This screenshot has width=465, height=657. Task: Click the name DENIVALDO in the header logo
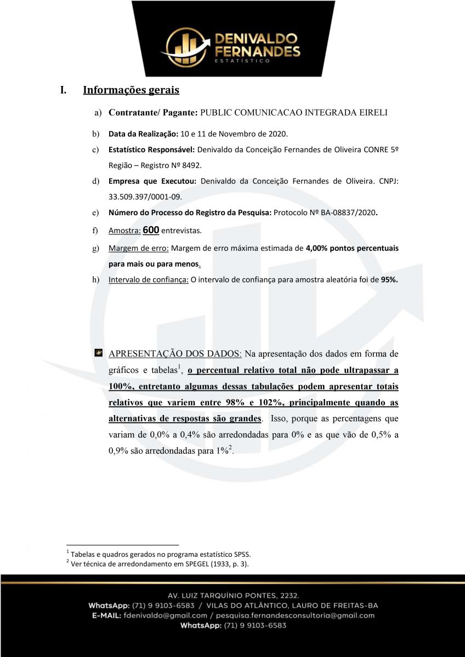click(257, 39)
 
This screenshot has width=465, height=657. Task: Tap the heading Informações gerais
click(131, 90)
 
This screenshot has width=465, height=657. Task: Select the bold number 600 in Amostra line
click(151, 230)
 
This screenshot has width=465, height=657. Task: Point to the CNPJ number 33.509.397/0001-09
click(145, 196)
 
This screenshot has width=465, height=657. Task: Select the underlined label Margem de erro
click(138, 248)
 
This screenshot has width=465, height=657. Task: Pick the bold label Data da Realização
click(143, 134)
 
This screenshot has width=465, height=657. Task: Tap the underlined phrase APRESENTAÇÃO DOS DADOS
click(175, 353)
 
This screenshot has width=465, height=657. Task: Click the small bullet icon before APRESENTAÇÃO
click(98, 352)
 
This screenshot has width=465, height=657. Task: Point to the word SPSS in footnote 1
click(242, 554)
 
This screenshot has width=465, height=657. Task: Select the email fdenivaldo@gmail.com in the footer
click(165, 615)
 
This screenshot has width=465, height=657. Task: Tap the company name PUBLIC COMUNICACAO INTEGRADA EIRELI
click(294, 113)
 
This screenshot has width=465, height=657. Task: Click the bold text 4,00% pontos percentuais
click(352, 248)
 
